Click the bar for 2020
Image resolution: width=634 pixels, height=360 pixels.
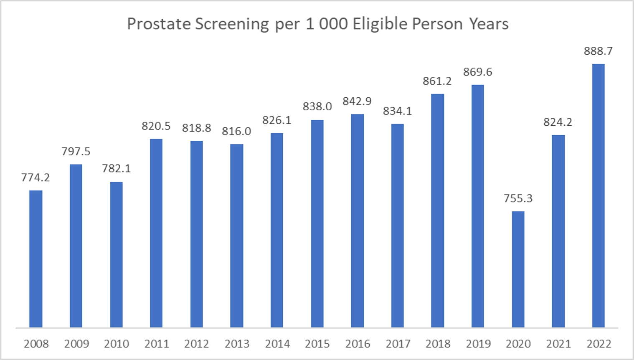pyautogui.click(x=518, y=269)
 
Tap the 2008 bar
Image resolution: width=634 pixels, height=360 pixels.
pyautogui.click(x=36, y=259)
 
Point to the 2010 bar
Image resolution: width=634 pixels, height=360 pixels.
pyautogui.click(x=117, y=254)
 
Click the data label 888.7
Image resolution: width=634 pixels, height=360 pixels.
pyautogui.click(x=598, y=51)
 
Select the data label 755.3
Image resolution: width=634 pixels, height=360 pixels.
pyautogui.click(x=518, y=198)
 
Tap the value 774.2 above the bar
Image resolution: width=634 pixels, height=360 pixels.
pyautogui.click(x=36, y=177)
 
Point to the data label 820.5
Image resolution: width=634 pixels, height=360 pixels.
pyautogui.click(x=156, y=126)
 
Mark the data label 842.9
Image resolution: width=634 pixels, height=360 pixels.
pyautogui.click(x=357, y=101)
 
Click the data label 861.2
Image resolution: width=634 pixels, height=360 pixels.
pyautogui.click(x=437, y=81)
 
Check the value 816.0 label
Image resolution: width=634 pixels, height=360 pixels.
pyautogui.click(x=236, y=131)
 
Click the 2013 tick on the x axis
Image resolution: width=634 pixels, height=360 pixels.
pyautogui.click(x=237, y=344)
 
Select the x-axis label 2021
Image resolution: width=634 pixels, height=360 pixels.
pyautogui.click(x=558, y=344)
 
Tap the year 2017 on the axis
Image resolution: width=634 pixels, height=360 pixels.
pyautogui.click(x=398, y=344)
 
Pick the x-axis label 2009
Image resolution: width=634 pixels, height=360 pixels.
pyautogui.click(x=76, y=344)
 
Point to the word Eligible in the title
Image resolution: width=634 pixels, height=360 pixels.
pyautogui.click(x=380, y=24)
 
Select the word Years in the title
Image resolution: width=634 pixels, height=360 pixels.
pyautogui.click(x=488, y=24)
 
